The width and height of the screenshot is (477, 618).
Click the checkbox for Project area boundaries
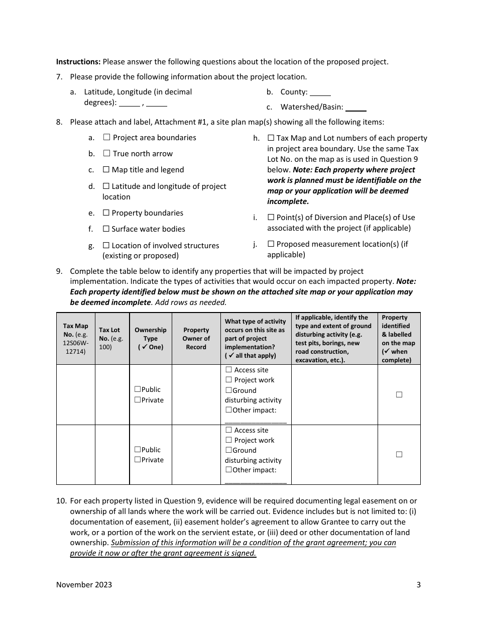coord(106,137)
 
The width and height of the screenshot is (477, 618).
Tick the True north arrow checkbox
coord(106,153)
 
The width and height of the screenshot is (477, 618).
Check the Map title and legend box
coord(106,170)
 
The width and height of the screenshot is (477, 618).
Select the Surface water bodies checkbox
coord(106,229)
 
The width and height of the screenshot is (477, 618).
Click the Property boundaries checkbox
coord(106,213)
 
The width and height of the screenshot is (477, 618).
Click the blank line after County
coord(320,92)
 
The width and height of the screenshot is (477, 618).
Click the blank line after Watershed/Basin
coord(356,108)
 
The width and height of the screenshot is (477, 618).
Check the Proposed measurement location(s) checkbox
coord(271,244)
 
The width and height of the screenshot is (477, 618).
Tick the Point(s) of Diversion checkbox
coord(271,217)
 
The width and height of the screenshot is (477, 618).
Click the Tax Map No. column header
coord(75,339)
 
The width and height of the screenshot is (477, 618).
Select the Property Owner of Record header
coord(196,339)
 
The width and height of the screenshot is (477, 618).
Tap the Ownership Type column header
coord(150,339)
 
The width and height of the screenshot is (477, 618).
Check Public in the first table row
coord(138,389)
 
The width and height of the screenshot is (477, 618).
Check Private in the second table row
coord(138,460)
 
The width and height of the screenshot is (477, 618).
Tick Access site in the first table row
coord(229,370)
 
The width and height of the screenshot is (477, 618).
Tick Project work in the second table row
coord(229,440)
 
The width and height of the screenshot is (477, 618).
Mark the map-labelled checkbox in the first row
coord(399,394)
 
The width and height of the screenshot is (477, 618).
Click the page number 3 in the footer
coord(418,584)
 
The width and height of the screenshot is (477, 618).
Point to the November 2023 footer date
coord(84,584)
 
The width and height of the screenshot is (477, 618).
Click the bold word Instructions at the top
coord(78,62)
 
